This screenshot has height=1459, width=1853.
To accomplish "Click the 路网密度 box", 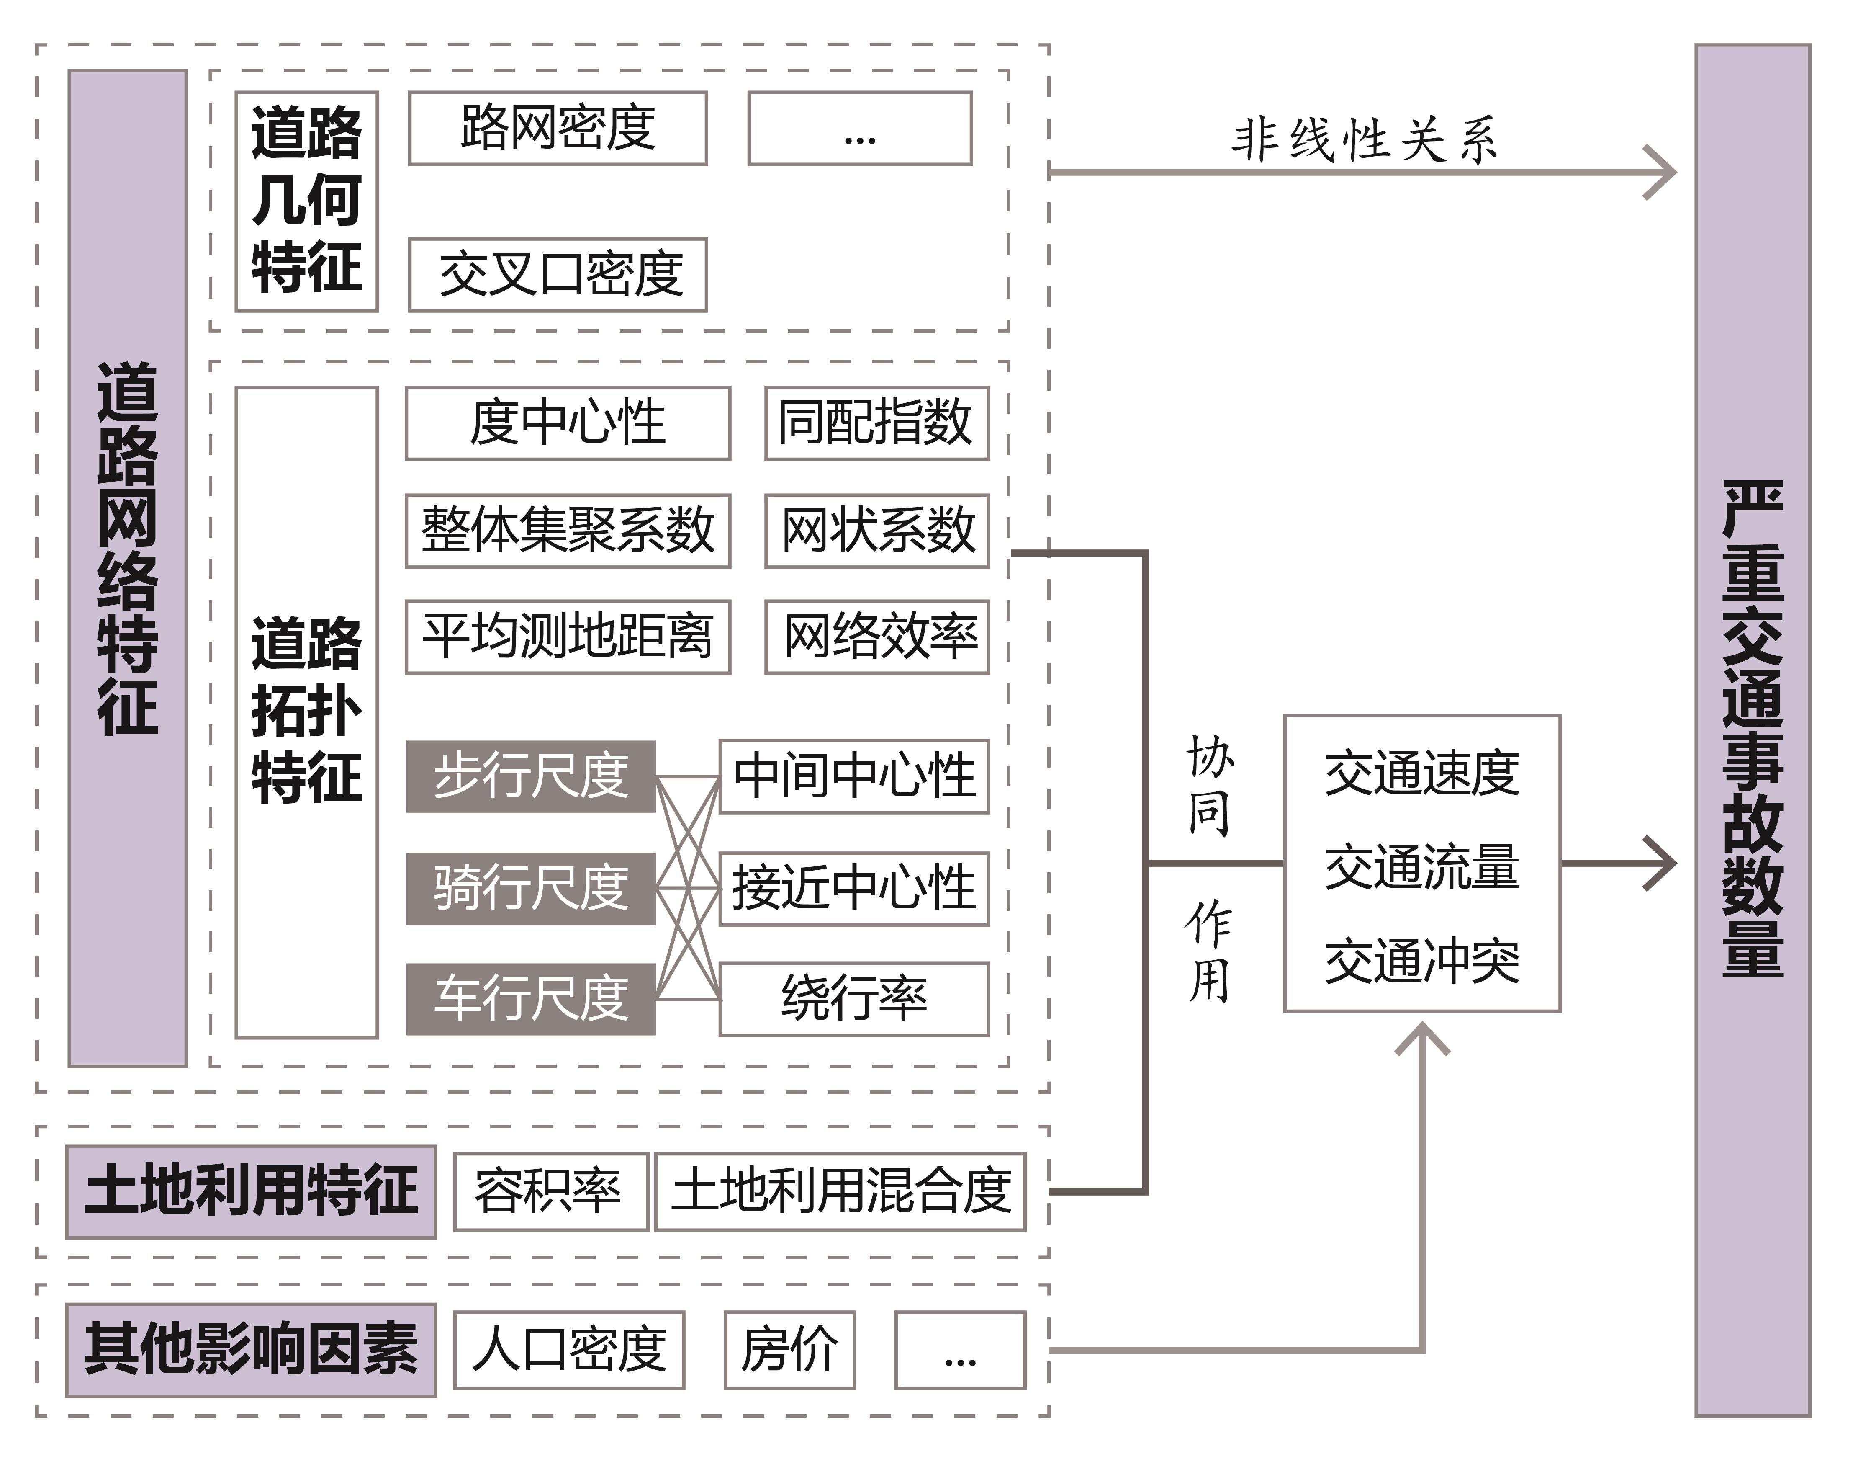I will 558,128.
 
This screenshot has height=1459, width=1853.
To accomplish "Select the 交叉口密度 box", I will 558,275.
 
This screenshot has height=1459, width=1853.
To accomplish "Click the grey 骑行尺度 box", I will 530,888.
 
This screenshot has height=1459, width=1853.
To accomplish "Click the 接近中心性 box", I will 854,888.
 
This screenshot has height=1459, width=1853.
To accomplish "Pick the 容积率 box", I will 551,1192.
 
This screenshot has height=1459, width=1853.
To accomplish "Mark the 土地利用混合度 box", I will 840,1192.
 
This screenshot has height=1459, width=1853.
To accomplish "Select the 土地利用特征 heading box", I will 251,1192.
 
